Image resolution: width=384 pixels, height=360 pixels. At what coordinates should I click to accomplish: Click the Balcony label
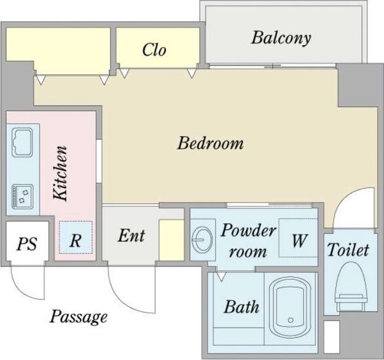pos(281,38)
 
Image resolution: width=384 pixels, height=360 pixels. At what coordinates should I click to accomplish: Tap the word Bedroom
pos(211,143)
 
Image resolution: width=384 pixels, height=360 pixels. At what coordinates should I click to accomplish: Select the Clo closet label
pos(154,50)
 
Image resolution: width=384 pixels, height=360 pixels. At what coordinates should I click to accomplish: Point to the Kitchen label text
pos(60,173)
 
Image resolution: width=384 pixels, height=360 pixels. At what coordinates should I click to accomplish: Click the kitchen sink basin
pos(22,142)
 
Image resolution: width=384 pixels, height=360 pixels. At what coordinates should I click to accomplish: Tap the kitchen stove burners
pos(22,197)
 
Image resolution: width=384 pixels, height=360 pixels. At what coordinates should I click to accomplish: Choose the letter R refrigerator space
pos(75,240)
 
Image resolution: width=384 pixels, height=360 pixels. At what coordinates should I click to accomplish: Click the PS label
pos(26,244)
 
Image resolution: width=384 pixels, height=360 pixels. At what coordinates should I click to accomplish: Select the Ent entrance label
pos(132,236)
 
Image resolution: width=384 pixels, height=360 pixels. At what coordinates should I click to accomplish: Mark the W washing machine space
pos(299,240)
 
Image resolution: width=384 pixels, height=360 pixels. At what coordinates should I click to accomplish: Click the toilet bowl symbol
pos(352,287)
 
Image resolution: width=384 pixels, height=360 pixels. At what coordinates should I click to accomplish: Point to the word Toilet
pos(348,249)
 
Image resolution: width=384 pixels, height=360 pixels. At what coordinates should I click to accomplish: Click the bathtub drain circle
pos(291,320)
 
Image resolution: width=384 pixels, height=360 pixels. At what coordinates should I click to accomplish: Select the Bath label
pos(241,306)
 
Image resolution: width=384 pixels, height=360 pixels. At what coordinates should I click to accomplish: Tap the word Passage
pos(79,317)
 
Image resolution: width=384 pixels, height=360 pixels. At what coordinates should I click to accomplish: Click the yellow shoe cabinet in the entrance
pos(171,240)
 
